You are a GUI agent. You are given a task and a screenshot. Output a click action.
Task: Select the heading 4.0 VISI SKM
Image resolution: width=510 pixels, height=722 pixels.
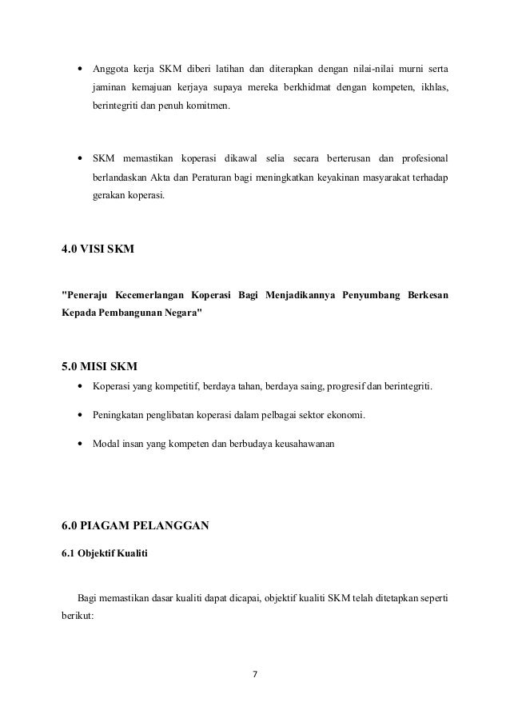point(98,249)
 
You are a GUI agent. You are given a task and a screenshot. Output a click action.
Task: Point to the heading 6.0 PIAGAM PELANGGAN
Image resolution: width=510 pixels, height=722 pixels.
point(135,525)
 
